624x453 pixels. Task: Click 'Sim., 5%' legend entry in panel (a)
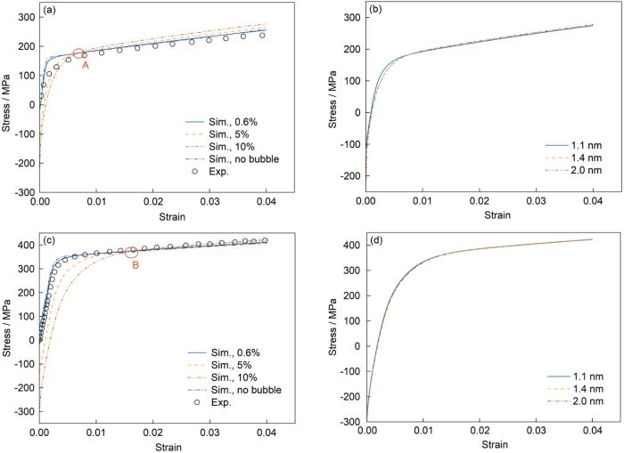coord(230,134)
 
